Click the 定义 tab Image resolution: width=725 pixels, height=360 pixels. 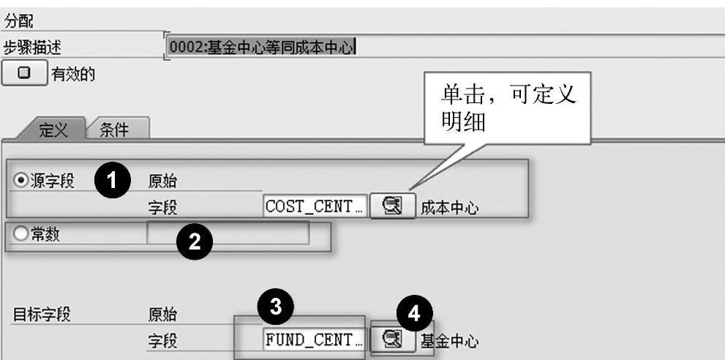[52, 130]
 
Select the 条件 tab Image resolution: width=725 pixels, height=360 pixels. [113, 130]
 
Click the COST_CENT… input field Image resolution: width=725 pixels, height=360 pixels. [314, 207]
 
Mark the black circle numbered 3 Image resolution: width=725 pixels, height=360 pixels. [275, 307]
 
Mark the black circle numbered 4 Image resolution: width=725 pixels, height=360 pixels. [414, 315]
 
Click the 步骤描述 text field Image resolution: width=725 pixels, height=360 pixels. [439, 48]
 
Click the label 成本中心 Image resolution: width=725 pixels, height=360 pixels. [449, 209]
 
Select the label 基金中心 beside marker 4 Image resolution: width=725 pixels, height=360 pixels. [449, 341]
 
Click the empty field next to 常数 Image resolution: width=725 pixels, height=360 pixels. [228, 233]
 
